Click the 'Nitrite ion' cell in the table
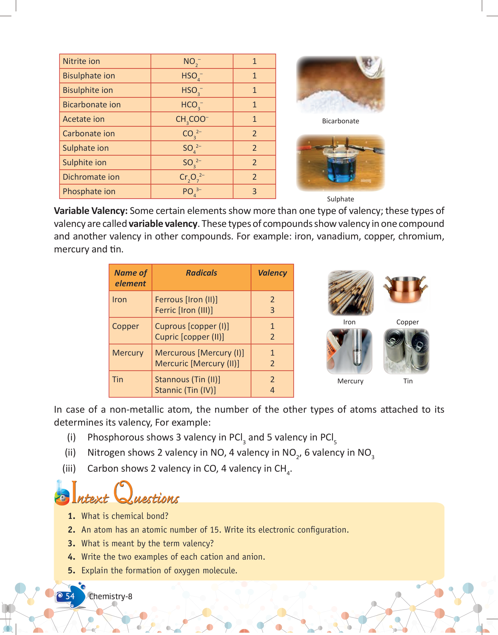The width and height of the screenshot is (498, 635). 81,61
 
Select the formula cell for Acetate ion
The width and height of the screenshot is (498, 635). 192,119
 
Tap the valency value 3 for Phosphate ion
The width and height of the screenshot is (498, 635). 254,191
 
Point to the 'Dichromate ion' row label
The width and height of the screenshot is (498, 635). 91,177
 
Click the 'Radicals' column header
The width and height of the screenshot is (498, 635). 201,273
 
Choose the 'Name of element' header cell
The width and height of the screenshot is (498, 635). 130,278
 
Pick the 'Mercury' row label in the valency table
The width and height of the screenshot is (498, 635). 128,353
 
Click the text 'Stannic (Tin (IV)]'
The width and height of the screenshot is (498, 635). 185,390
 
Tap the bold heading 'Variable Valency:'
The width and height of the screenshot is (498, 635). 91,211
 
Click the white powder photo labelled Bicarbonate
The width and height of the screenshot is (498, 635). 340,85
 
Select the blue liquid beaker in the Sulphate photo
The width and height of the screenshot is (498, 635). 341,168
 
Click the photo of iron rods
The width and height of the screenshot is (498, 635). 350,292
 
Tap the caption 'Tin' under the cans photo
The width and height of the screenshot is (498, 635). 408,381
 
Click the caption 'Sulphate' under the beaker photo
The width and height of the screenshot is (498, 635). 340,199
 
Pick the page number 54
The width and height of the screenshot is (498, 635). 70,596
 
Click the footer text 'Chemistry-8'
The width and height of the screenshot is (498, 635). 111,597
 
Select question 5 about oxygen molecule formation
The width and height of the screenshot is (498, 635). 159,571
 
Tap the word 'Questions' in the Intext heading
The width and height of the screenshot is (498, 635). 147,495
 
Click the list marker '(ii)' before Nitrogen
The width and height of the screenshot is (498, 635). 70,453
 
